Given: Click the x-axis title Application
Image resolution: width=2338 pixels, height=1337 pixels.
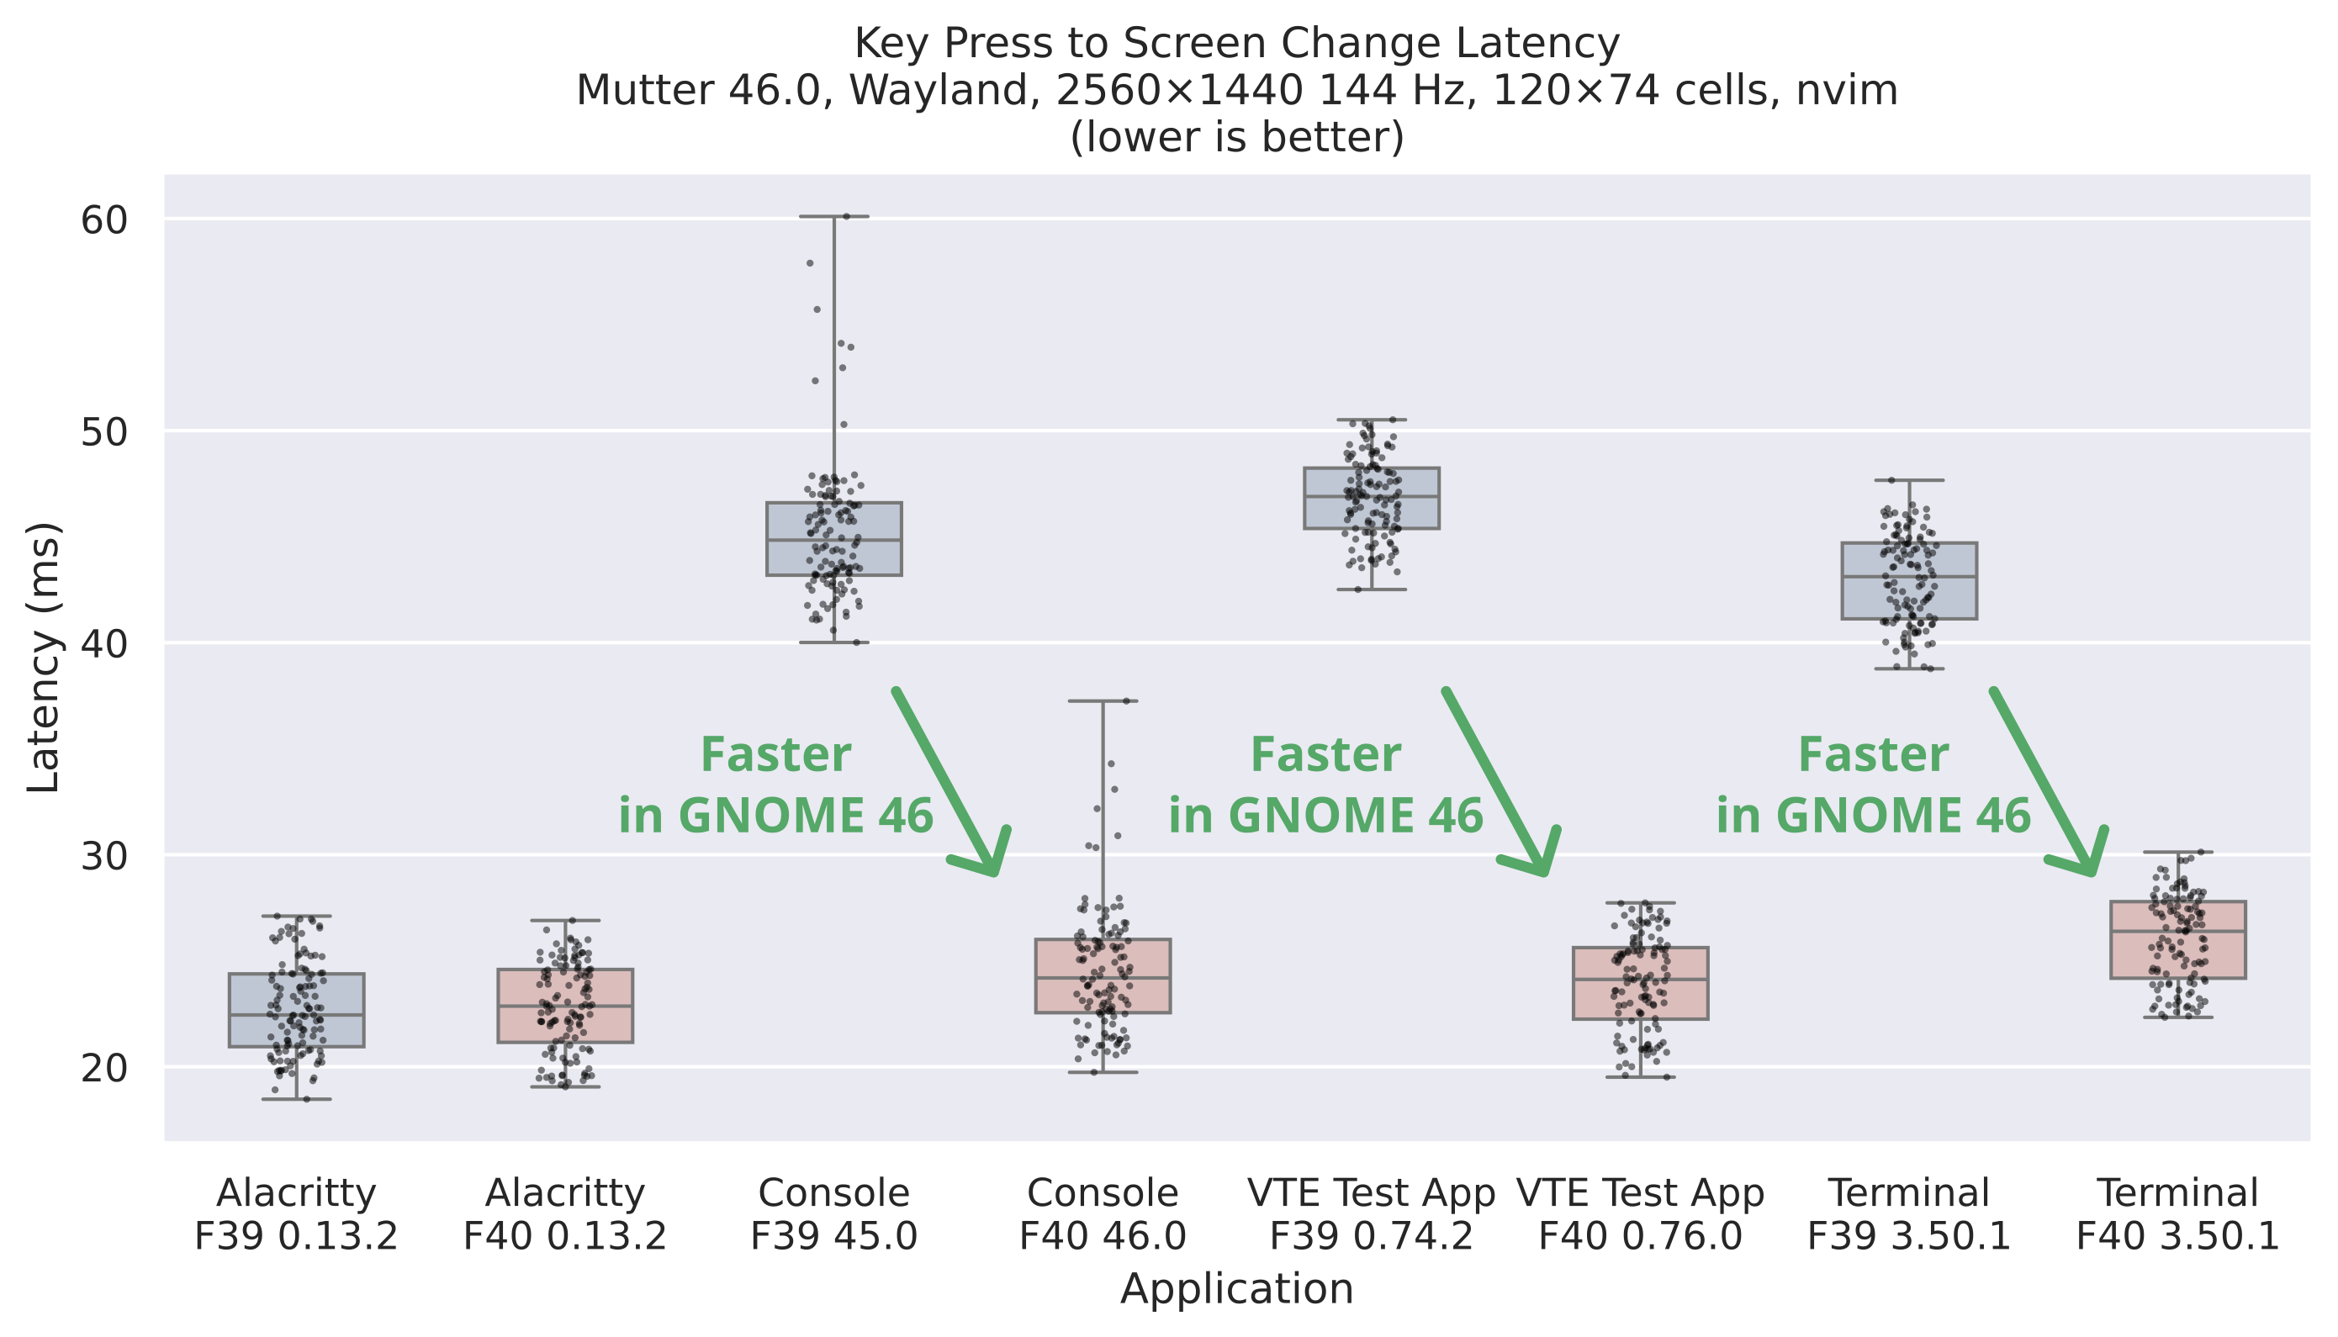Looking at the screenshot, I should [x=1236, y=1289].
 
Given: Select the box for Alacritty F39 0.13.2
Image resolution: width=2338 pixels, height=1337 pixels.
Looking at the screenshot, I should [x=297, y=1010].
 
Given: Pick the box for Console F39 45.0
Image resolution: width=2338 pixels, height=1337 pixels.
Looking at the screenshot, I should [x=833, y=539].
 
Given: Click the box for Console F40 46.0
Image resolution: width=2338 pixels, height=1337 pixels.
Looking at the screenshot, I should [x=1102, y=976].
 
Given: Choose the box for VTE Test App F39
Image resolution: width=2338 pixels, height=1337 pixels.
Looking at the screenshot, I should [x=1371, y=499].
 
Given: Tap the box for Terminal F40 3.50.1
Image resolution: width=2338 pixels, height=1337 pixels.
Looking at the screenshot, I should [x=2177, y=940].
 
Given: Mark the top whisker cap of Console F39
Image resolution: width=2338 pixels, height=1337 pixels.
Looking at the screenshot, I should [x=833, y=217].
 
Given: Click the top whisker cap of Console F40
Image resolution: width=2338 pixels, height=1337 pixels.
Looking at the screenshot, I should [x=1102, y=701].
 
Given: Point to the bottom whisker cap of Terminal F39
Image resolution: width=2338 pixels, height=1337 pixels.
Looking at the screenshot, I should [x=1909, y=668].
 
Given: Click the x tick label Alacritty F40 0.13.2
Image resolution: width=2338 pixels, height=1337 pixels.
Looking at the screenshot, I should [x=565, y=1215].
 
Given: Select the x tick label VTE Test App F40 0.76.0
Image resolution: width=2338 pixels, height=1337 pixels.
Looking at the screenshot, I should [x=1640, y=1215].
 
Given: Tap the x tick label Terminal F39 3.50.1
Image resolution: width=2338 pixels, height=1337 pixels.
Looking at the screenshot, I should [x=1909, y=1215].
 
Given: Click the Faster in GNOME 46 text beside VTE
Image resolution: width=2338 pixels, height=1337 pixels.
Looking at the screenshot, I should [x=1325, y=785].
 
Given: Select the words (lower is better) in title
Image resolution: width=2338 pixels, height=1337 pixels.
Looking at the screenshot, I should [x=1236, y=138].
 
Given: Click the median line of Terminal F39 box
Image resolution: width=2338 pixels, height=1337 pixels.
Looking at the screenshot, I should [x=1909, y=577].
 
